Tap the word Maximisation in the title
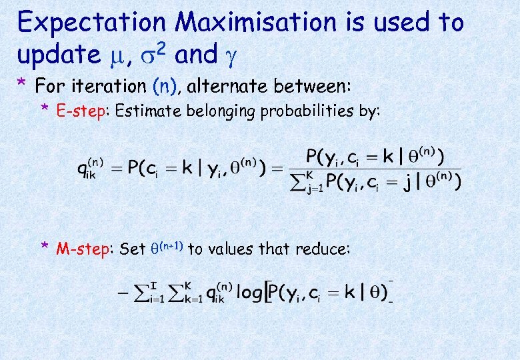pyautogui.click(x=257, y=23)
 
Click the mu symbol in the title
pyautogui.click(x=121, y=57)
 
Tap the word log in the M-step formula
pyautogui.click(x=249, y=293)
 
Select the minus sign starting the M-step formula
pyautogui.click(x=121, y=293)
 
